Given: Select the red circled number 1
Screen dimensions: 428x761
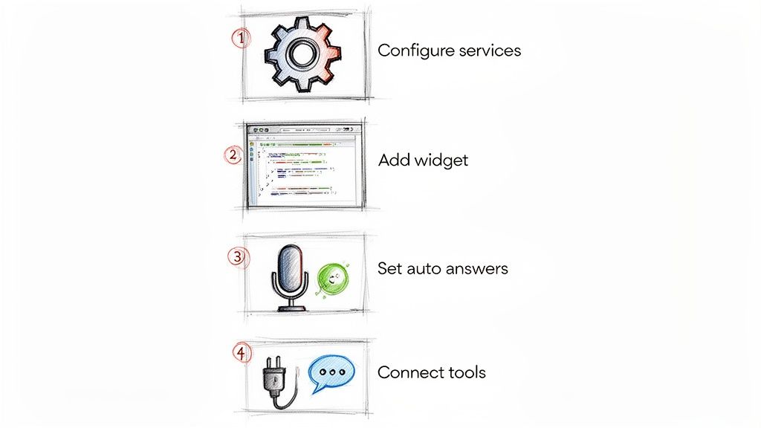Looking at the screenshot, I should [x=241, y=37].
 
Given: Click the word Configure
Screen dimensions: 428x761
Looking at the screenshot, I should [x=412, y=51].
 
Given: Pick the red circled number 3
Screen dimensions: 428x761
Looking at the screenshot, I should [x=236, y=257].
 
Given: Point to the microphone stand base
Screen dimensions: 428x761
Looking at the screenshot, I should [x=291, y=307].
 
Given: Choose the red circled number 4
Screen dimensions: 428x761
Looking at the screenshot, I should [x=241, y=353].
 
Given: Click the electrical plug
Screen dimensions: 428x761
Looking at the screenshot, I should [x=276, y=375].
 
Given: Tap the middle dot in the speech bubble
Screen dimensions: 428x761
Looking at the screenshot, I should [x=332, y=371].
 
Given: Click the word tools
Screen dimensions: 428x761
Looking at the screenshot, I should [x=463, y=372].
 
